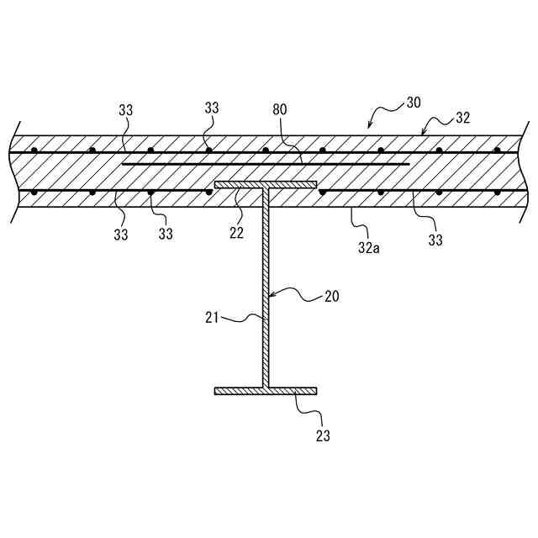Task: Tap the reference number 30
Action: [x=413, y=103]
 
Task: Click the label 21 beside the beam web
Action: [x=213, y=318]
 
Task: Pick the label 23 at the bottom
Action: [x=324, y=436]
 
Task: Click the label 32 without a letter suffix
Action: [x=463, y=119]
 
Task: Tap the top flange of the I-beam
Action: [x=266, y=184]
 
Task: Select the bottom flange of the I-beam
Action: [x=266, y=391]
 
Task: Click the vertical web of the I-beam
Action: [x=266, y=286]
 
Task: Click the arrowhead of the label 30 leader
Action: [x=368, y=128]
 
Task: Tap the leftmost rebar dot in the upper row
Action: [x=34, y=151]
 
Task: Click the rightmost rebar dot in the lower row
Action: [x=498, y=193]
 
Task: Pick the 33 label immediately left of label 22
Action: [x=166, y=235]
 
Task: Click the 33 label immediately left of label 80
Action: [x=212, y=108]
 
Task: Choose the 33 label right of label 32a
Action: [x=435, y=241]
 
